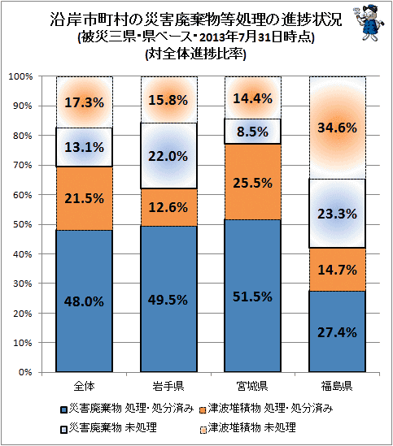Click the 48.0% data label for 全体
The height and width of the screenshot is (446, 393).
[x=84, y=301]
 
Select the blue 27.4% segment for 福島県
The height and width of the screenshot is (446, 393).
[x=337, y=331]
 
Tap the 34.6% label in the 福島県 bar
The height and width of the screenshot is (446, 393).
[x=337, y=128]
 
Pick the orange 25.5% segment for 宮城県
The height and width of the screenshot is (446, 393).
[x=253, y=181]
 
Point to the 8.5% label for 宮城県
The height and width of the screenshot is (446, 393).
[x=253, y=132]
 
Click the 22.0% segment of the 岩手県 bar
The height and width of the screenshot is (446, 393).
[x=168, y=156]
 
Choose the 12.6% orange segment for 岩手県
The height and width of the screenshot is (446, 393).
[x=168, y=207]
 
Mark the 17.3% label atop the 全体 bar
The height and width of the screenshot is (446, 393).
[x=84, y=102]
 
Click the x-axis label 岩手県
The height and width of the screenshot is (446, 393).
[x=168, y=386]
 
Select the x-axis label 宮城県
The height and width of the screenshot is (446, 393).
[x=252, y=386]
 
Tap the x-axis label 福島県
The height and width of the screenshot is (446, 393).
[x=337, y=386]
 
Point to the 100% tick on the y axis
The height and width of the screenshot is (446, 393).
[x=20, y=76]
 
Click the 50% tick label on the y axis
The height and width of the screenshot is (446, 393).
[x=23, y=224]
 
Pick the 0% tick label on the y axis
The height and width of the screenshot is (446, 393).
[x=25, y=372]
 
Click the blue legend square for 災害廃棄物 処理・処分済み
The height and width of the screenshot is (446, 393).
[x=63, y=409]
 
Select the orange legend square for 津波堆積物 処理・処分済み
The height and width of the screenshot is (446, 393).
[x=203, y=410]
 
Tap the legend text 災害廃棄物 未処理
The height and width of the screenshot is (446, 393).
[x=113, y=427]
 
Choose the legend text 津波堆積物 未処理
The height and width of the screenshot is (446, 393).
[x=252, y=427]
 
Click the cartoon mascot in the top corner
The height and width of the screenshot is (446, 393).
[x=369, y=22]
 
